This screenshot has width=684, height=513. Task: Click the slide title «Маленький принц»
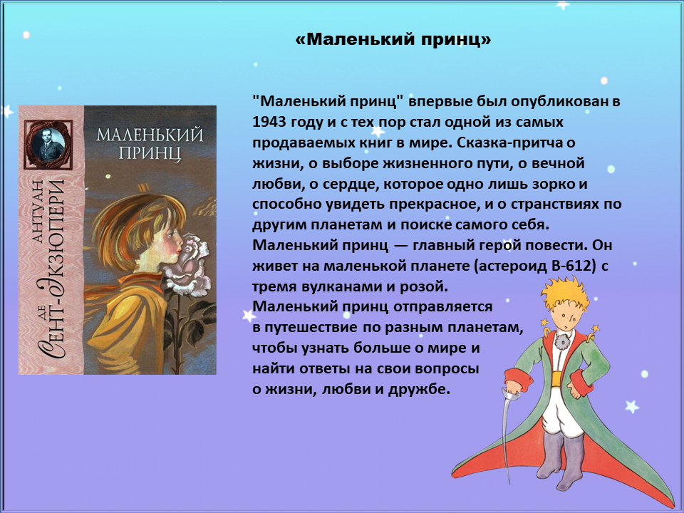[x=393, y=40]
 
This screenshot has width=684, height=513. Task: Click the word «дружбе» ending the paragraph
[x=419, y=389]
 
